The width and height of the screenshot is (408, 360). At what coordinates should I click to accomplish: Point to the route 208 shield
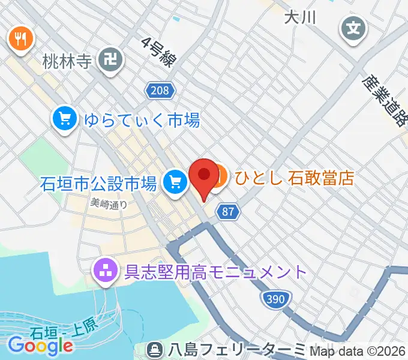tap(160, 91)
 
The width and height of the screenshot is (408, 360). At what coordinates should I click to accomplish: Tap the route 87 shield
tap(227, 212)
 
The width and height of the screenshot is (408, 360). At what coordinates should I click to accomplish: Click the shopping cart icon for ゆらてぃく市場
tap(64, 118)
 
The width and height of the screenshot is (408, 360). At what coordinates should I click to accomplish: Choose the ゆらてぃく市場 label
tap(142, 120)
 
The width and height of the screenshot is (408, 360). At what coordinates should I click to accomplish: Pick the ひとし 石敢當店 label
tap(294, 178)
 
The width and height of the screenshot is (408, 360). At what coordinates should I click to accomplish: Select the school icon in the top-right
tap(353, 27)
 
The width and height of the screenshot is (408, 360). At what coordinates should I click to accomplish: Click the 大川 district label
tap(300, 17)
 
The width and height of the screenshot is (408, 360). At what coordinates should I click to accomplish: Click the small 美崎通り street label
tap(109, 203)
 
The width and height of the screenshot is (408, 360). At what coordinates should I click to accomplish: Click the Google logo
tap(40, 345)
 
